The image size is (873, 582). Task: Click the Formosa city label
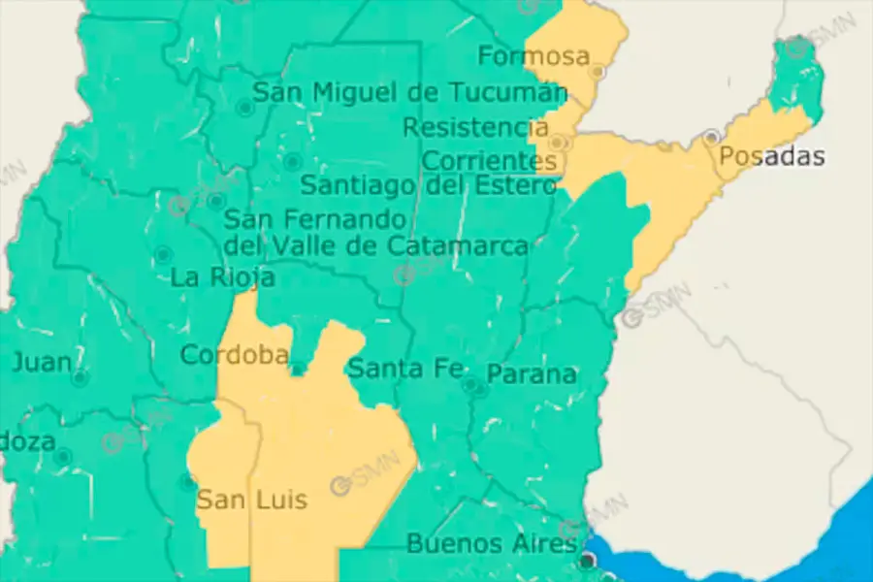[533, 57]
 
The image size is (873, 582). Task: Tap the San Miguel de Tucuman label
[409, 93]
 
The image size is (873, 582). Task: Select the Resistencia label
[475, 127]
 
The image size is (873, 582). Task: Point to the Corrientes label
[490, 160]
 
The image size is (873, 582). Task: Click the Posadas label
[772, 156]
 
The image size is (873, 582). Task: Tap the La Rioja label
[222, 277]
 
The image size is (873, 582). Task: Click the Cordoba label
[234, 355]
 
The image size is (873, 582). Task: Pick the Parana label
[532, 374]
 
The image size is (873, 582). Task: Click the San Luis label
[251, 501]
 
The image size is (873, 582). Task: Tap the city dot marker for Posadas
[712, 137]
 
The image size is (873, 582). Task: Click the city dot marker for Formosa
[598, 71]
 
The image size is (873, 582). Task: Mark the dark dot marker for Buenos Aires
[587, 561]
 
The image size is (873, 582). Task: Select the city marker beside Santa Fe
[470, 385]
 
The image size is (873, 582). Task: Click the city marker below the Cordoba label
[298, 368]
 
